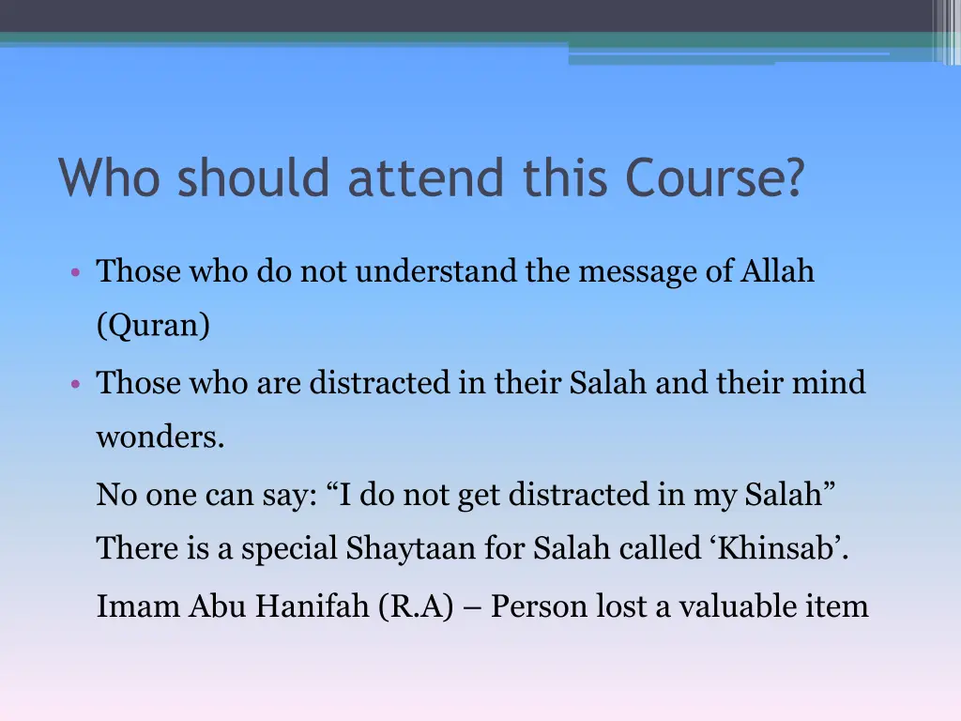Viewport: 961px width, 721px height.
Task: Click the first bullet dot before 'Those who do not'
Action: click(74, 273)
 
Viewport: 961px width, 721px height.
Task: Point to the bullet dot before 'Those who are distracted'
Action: click(74, 384)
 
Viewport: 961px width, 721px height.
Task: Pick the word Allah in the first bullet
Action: click(778, 271)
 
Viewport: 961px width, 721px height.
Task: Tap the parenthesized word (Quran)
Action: click(153, 326)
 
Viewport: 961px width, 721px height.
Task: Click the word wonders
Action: click(160, 437)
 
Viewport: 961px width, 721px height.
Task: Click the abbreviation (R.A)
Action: click(417, 606)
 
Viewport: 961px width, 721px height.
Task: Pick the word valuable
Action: click(731, 606)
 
